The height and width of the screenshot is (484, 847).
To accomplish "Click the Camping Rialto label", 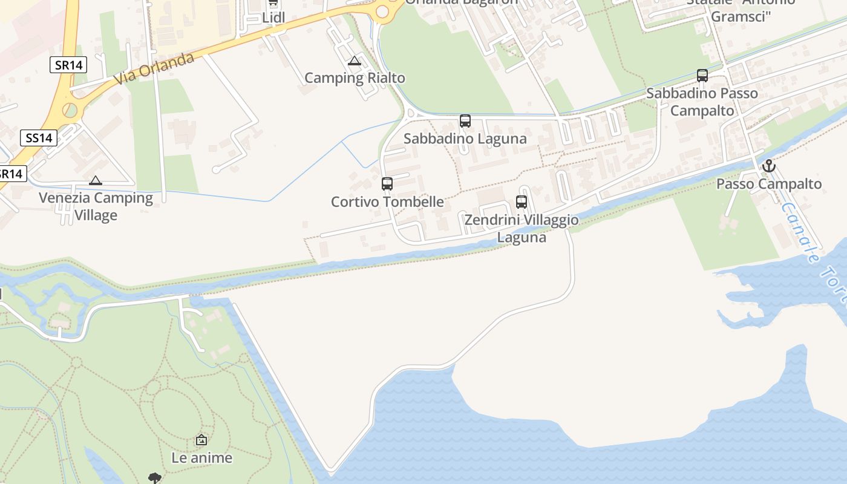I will pyautogui.click(x=355, y=78).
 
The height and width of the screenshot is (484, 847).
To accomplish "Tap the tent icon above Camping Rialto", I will pyautogui.click(x=355, y=60).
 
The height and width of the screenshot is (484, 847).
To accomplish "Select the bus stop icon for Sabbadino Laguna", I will pyautogui.click(x=465, y=121).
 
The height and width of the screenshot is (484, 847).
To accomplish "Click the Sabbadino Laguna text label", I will pyautogui.click(x=465, y=139).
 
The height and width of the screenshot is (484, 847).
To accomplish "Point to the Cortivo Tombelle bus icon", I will pyautogui.click(x=387, y=184).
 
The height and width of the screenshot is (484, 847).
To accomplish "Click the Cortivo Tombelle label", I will pyautogui.click(x=387, y=201).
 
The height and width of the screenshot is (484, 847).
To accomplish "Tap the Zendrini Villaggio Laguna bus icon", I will pyautogui.click(x=522, y=202).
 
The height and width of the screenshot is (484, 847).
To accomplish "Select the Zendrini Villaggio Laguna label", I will pyautogui.click(x=522, y=229).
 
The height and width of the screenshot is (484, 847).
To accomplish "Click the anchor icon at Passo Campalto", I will pyautogui.click(x=768, y=166).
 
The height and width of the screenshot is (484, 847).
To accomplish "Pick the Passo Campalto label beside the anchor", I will pyautogui.click(x=769, y=184).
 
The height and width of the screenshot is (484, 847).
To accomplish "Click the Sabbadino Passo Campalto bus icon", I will pyautogui.click(x=702, y=76).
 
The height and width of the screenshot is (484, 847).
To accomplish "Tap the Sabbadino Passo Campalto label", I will pyautogui.click(x=702, y=102).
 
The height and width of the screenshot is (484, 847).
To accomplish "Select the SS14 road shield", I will pyautogui.click(x=39, y=138).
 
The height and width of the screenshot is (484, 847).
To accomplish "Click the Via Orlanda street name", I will pyautogui.click(x=154, y=68).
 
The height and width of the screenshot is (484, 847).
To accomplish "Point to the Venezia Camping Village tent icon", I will pyautogui.click(x=96, y=180).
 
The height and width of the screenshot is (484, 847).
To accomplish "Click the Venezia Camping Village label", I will pyautogui.click(x=96, y=206).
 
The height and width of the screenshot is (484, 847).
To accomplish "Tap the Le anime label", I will pyautogui.click(x=201, y=458).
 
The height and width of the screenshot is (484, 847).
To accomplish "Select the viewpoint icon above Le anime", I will pyautogui.click(x=201, y=440).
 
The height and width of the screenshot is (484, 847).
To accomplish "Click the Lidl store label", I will pyautogui.click(x=273, y=18).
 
